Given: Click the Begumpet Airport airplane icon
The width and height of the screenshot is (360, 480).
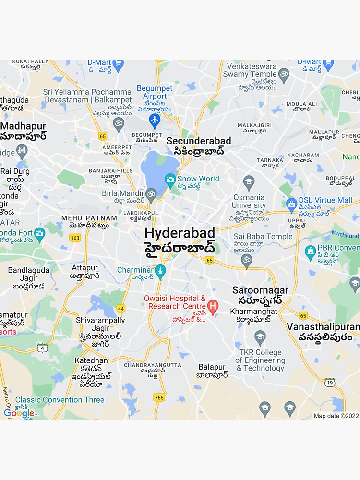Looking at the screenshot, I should [154, 120].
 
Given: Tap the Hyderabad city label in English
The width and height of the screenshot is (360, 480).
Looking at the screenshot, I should [180, 233].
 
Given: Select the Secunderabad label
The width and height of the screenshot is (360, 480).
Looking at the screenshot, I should [198, 141].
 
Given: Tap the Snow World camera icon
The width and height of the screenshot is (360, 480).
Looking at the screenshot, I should [170, 180].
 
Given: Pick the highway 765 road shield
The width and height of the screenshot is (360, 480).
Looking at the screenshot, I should [159, 397].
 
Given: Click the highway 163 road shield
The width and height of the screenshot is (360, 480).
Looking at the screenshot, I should [75, 238].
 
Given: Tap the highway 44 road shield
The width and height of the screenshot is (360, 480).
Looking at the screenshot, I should [121, 309].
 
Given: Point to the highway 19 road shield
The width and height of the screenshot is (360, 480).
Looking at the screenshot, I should [329, 382].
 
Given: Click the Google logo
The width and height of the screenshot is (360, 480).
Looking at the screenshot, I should [19, 413].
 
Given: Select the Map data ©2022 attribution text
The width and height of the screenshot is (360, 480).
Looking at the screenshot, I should [336, 416].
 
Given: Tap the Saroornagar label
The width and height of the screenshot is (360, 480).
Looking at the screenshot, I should [260, 290].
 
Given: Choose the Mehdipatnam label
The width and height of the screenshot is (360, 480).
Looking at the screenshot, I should [89, 218].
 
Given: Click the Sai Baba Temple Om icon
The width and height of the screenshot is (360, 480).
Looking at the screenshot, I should [246, 260].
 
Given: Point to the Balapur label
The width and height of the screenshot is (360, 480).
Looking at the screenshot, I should [212, 367].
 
